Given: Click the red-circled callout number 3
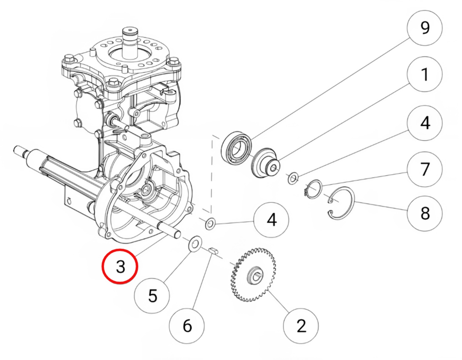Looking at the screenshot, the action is point(120,266).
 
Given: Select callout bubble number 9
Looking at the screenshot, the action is point(425,28).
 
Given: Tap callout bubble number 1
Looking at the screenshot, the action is point(425,74).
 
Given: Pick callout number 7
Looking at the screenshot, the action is point(425,169).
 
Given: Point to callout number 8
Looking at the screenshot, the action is point(425,213).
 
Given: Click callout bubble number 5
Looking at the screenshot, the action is point(152,295).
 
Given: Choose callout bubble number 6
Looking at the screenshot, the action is point(187,326).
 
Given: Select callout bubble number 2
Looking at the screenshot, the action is point(301,326).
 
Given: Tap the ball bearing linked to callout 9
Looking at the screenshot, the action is point(236,150).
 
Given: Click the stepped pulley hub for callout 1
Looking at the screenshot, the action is point(265,163).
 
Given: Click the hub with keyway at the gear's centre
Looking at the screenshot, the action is point(255,276).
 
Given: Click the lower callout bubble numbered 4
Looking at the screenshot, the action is point(272,220).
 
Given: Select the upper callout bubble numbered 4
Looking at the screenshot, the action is point(425,123).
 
